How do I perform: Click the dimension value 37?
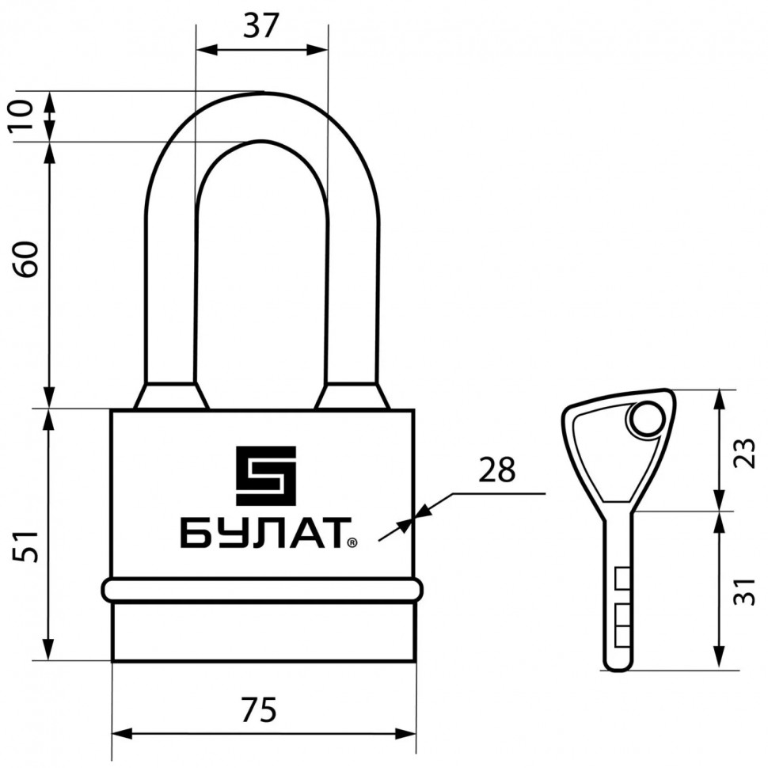(x=261, y=25)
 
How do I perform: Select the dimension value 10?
(x=21, y=115)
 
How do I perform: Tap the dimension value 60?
(x=26, y=259)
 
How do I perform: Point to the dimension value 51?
(x=26, y=546)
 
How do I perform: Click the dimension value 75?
(x=259, y=709)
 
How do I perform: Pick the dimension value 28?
(x=496, y=470)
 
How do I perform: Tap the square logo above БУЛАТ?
(x=266, y=476)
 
